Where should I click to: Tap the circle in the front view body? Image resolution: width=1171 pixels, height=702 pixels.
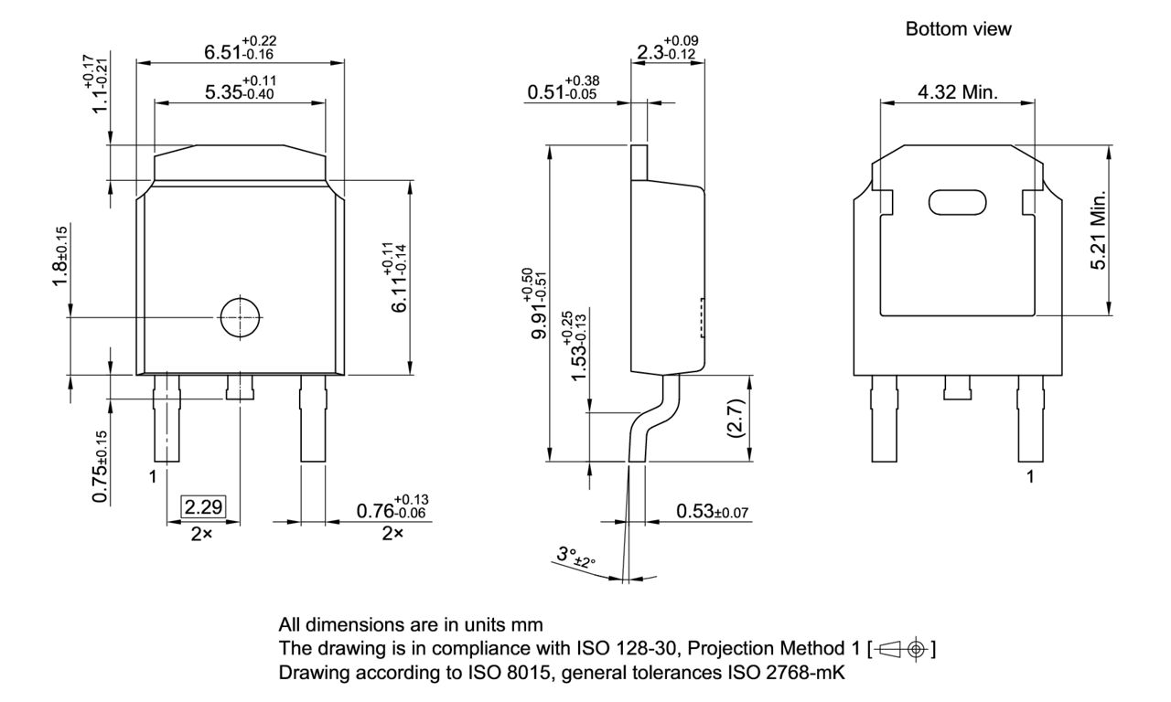pyautogui.click(x=241, y=317)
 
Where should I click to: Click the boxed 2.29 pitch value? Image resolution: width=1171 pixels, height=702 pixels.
pyautogui.click(x=203, y=507)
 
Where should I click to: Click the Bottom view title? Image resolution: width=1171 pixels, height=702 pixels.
pyautogui.click(x=958, y=29)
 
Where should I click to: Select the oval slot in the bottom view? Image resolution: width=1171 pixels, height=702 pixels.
pyautogui.click(x=957, y=202)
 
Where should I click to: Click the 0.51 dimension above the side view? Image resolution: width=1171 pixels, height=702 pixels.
pyautogui.click(x=562, y=91)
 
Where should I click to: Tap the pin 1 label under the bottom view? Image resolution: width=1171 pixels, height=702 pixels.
pyautogui.click(x=1031, y=478)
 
